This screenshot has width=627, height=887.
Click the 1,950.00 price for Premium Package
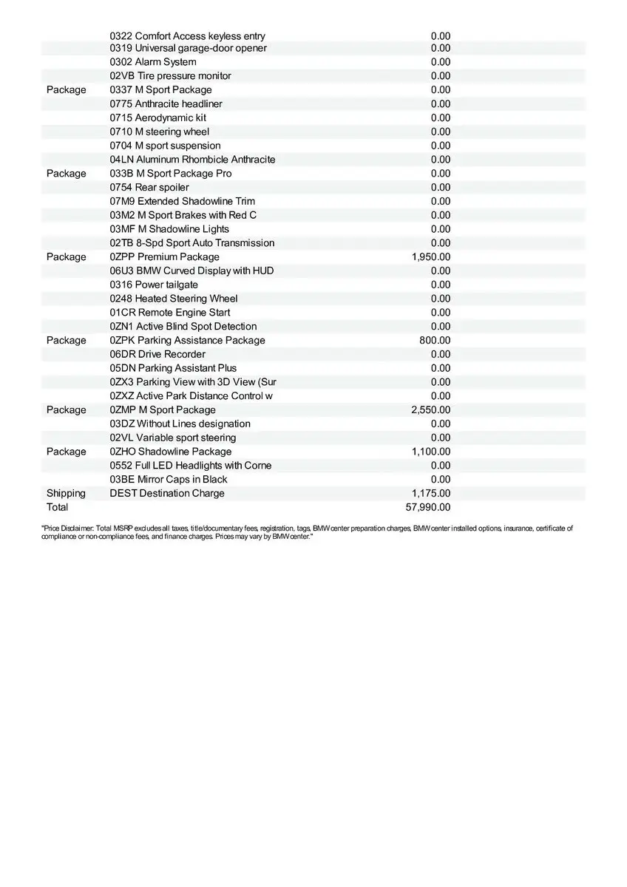430,257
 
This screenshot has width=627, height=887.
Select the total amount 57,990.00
428,508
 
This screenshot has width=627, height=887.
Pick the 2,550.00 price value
430,410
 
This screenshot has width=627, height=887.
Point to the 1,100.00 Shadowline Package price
430,452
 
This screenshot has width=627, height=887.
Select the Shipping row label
66,494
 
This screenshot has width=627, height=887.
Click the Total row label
57,508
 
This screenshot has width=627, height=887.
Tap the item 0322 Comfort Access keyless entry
187,36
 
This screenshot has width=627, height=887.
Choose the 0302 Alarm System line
153,62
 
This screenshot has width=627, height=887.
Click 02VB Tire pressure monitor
170,76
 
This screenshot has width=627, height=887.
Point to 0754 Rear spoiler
149,188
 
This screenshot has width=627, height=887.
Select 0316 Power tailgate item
154,285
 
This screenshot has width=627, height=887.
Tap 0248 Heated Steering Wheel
174,299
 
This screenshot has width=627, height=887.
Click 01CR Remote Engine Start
170,313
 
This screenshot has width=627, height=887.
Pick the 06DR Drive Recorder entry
157,355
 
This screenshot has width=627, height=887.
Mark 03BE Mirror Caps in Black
169,480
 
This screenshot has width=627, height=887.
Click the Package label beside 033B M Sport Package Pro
66,174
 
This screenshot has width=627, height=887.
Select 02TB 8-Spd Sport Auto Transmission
192,243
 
